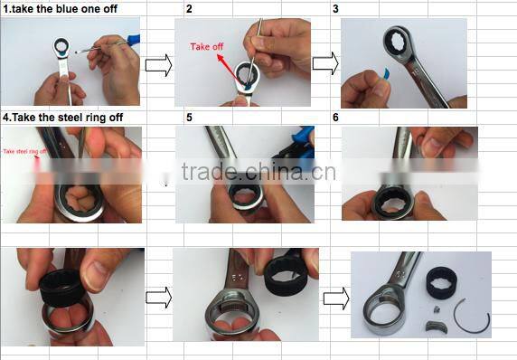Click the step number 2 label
tap(189, 8)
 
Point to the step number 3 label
tap(335, 8)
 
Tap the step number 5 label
tap(189, 118)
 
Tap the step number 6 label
tap(336, 118)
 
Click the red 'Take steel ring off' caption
tap(26, 151)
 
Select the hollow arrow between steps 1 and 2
tap(158, 64)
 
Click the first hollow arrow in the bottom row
tap(158, 296)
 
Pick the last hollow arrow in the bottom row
tap(334, 296)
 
